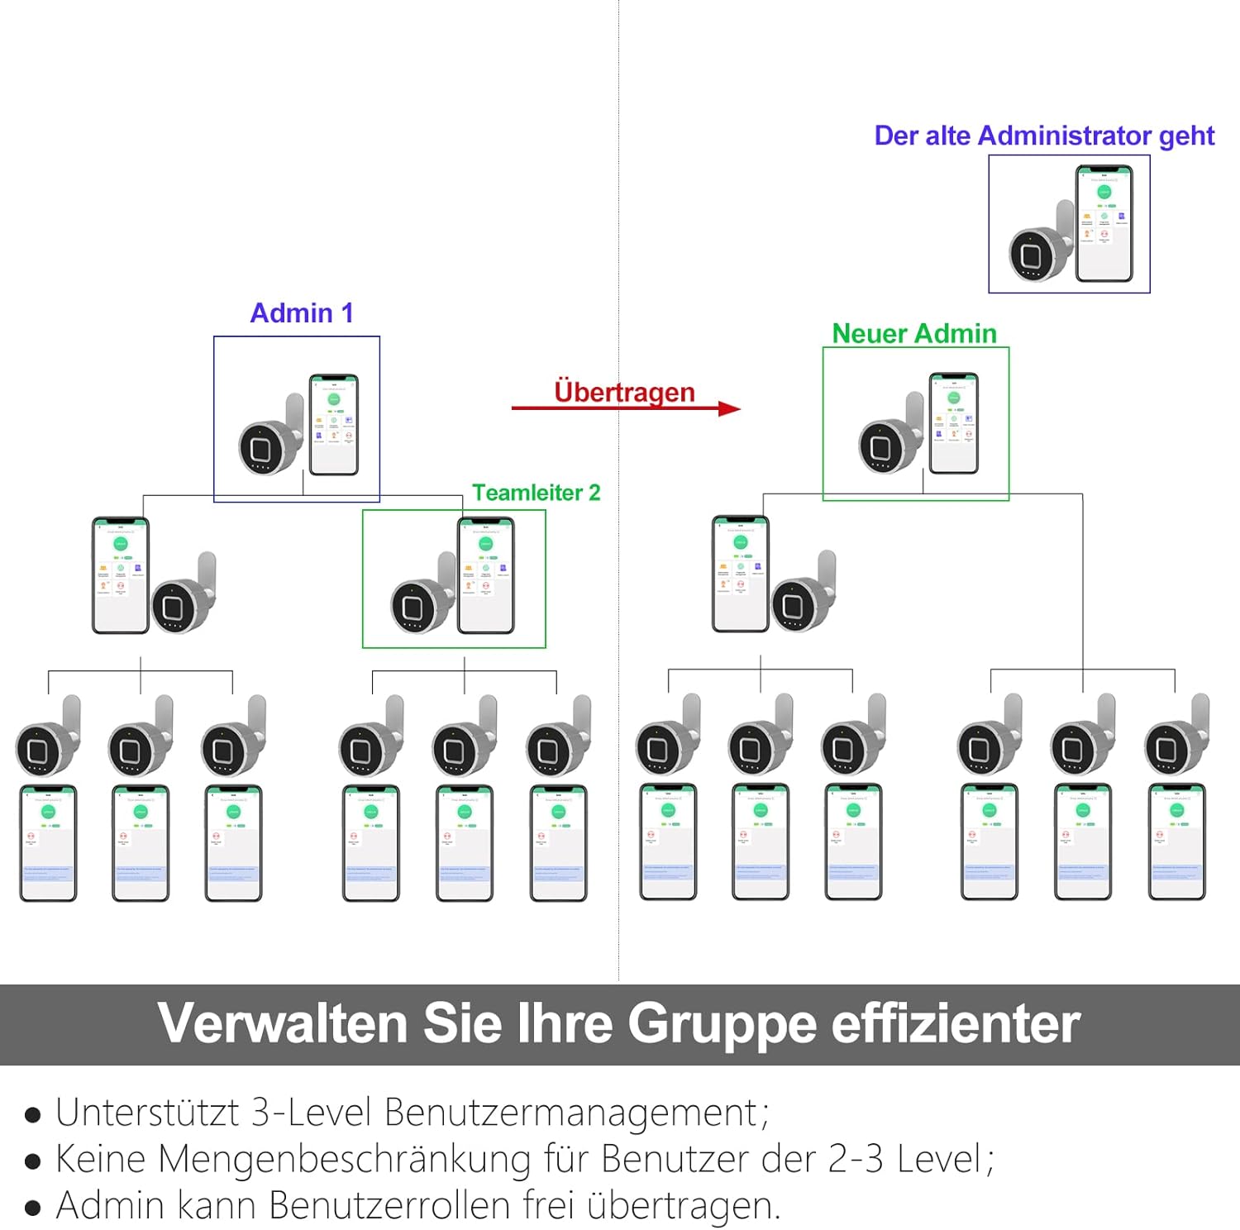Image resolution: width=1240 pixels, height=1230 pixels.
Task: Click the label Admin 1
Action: point(302,313)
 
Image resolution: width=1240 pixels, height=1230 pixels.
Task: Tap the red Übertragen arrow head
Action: point(729,408)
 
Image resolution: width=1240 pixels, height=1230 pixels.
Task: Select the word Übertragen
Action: point(624,392)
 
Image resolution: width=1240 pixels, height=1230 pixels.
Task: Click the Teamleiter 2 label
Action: point(536,493)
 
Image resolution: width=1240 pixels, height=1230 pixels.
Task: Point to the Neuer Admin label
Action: point(914,333)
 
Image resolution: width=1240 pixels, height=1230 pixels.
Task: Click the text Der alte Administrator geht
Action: point(1044,136)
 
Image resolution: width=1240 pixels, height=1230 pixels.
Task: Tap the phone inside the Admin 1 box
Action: point(334,425)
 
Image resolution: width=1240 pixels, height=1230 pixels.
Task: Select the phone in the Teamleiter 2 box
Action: point(486,575)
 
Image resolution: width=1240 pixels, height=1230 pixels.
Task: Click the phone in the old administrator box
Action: point(1104,223)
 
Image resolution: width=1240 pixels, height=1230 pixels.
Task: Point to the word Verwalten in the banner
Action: point(283,1024)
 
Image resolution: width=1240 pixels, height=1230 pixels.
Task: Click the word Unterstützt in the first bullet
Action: point(147,1113)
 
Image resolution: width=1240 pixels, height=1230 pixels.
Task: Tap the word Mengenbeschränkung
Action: point(344,1159)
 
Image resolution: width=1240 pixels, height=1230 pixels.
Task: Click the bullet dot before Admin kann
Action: point(33,1208)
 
